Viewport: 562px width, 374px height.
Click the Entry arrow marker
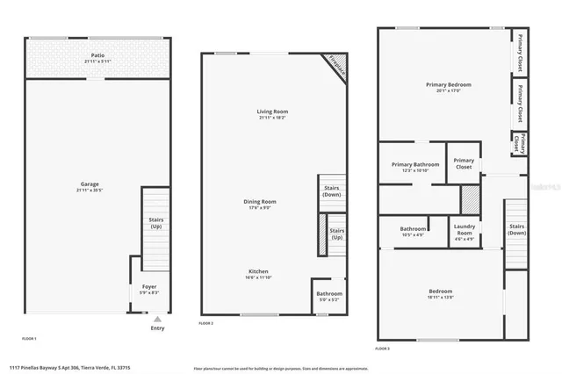[x=157, y=320]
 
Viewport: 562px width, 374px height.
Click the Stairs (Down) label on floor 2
[x=332, y=191]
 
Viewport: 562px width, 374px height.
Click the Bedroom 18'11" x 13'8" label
[x=441, y=292]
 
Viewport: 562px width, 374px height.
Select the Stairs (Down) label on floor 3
[x=517, y=230]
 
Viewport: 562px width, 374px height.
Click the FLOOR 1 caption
[x=29, y=338]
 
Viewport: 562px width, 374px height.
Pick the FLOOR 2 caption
[x=206, y=324]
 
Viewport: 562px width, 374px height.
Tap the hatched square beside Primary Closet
[x=472, y=198]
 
